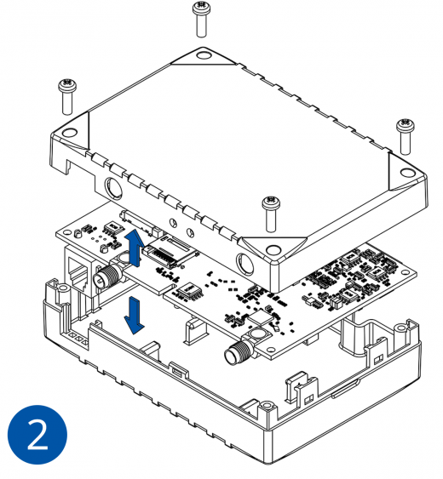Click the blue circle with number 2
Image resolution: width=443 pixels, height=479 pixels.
point(37,435)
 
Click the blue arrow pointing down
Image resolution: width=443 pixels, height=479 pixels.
point(134,316)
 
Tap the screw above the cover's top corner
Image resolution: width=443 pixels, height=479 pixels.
point(201,20)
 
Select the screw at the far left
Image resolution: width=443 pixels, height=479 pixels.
point(67,96)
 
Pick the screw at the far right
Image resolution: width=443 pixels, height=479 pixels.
point(406,137)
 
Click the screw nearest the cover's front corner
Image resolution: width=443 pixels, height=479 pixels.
point(271,214)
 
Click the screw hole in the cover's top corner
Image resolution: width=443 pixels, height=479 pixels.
point(202,55)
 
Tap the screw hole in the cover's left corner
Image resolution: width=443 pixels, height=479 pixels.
point(70,132)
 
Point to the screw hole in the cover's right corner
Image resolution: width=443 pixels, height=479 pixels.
point(407,173)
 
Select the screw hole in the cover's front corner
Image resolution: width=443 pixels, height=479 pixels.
point(273,250)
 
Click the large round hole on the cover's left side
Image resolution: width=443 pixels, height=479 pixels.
point(114,187)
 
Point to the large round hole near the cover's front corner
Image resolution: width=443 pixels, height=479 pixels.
point(245,263)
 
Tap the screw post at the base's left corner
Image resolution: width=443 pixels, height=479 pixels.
point(63,288)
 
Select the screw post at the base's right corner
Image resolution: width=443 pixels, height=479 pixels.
point(400,328)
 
